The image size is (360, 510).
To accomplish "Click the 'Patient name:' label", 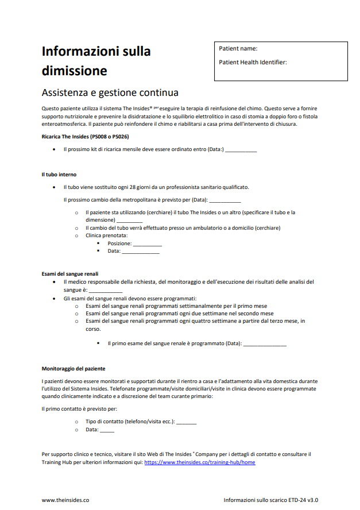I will (238, 49).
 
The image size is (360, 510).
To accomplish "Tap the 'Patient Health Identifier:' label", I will (253, 62).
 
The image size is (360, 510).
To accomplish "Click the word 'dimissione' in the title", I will (75, 71).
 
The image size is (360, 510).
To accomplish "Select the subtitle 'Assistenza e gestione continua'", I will (110, 92).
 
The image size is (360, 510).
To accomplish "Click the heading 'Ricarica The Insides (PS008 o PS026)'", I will (85, 136).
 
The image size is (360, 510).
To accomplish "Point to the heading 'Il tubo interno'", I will (59, 174).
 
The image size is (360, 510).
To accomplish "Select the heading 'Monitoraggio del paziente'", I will (73, 368).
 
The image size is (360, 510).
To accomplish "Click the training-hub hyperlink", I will (200, 462).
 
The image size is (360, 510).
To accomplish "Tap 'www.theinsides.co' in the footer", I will (65, 500).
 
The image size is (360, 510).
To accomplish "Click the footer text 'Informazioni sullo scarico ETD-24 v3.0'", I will (271, 500).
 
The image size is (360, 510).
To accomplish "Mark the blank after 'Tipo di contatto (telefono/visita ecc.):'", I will (187, 423).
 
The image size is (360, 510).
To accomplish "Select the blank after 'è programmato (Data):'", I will (265, 345).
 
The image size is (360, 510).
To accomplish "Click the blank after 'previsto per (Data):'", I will (225, 201).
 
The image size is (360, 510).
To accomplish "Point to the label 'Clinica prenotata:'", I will (107, 235).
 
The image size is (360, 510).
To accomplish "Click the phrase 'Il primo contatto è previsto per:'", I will (79, 409).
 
